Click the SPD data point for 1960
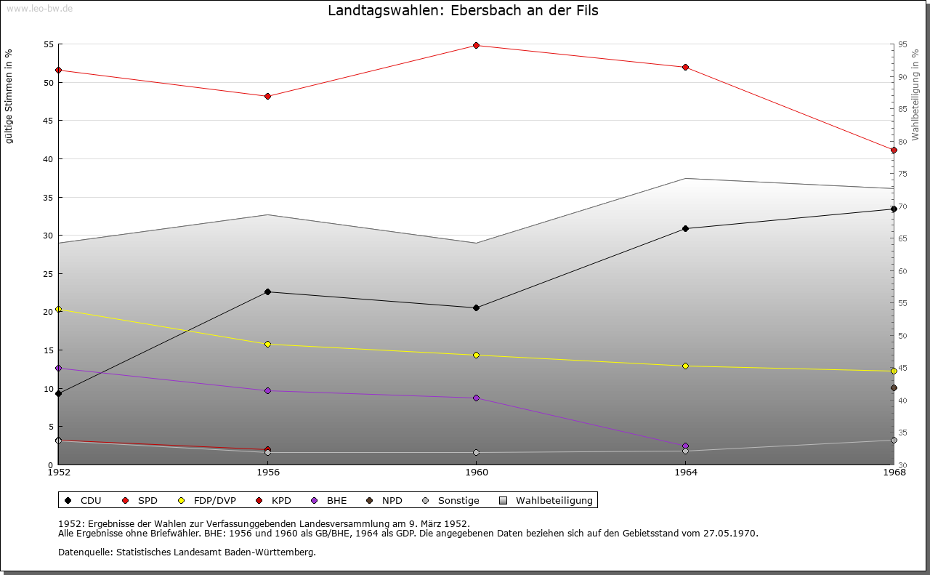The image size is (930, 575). (476, 45)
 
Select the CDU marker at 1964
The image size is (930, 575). (685, 228)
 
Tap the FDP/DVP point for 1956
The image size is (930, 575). (267, 344)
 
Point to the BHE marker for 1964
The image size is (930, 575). (685, 446)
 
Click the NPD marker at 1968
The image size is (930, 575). (894, 388)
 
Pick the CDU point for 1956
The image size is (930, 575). (267, 291)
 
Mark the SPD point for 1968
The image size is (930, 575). (894, 150)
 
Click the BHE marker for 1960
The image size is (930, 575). (476, 398)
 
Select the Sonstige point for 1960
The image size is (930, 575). (476, 452)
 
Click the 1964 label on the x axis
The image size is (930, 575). (685, 472)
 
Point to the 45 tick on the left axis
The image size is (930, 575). (49, 121)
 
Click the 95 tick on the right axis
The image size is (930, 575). (902, 44)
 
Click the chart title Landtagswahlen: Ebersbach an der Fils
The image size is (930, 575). (464, 10)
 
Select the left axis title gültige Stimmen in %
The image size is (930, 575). (9, 96)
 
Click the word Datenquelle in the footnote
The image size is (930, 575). (81, 552)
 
